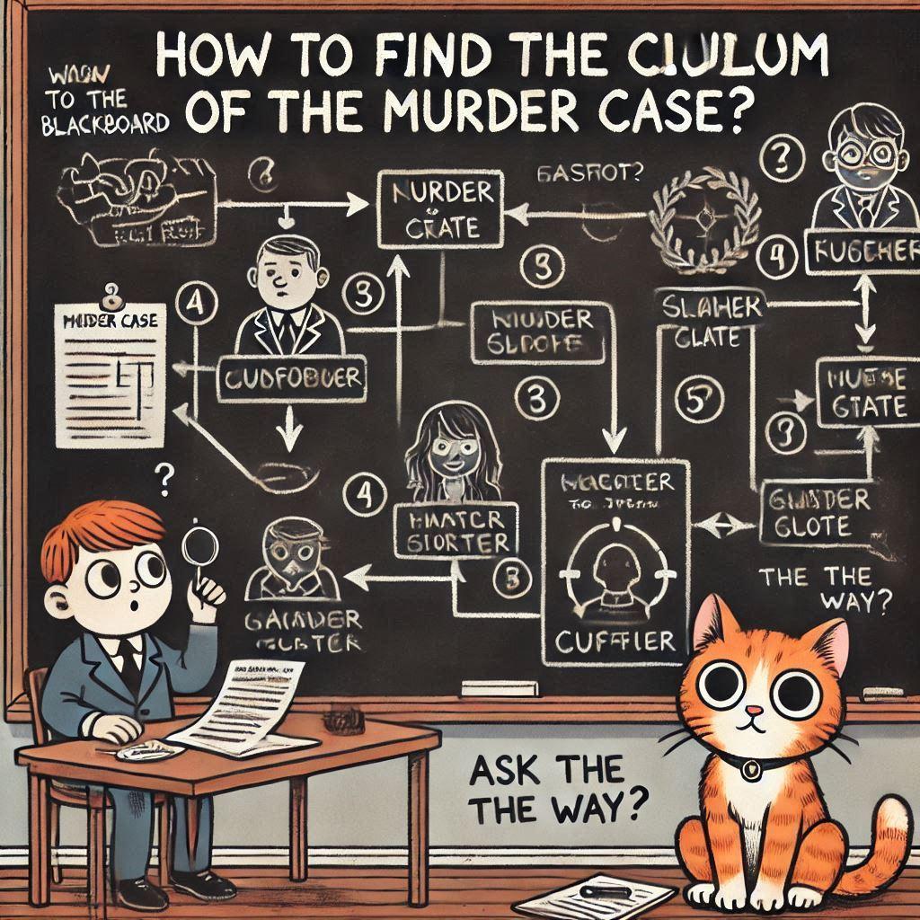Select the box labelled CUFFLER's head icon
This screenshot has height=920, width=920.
click(x=611, y=566)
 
